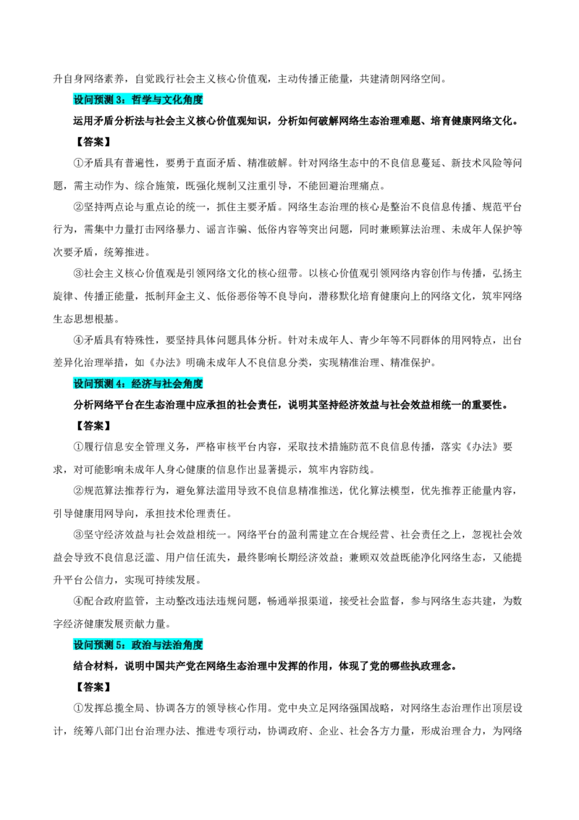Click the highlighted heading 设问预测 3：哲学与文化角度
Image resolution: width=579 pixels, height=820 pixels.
pyautogui.click(x=138, y=99)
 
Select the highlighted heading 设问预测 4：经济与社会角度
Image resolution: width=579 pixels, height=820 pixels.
pyautogui.click(x=138, y=383)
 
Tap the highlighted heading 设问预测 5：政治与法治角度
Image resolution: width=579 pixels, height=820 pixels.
pyautogui.click(x=138, y=645)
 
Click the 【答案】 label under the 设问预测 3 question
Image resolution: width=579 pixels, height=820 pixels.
pyautogui.click(x=92, y=142)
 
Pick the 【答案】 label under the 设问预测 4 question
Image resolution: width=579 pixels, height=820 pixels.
pyautogui.click(x=92, y=426)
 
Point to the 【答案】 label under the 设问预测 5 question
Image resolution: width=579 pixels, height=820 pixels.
pyautogui.click(x=92, y=687)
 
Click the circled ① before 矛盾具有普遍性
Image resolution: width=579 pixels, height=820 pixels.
pyautogui.click(x=78, y=163)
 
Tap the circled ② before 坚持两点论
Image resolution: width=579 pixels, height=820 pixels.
pyautogui.click(x=78, y=207)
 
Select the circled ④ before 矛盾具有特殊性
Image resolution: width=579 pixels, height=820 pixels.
pyautogui.click(x=78, y=340)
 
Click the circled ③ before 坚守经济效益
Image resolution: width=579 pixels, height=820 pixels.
pyautogui.click(x=78, y=535)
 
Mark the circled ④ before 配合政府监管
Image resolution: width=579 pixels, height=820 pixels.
pyautogui.click(x=78, y=601)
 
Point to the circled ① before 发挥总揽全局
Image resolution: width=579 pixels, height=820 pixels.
pyautogui.click(x=78, y=708)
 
